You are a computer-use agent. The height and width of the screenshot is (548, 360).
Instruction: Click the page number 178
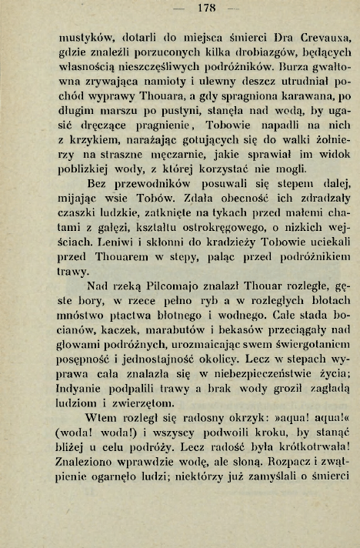[182, 9]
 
